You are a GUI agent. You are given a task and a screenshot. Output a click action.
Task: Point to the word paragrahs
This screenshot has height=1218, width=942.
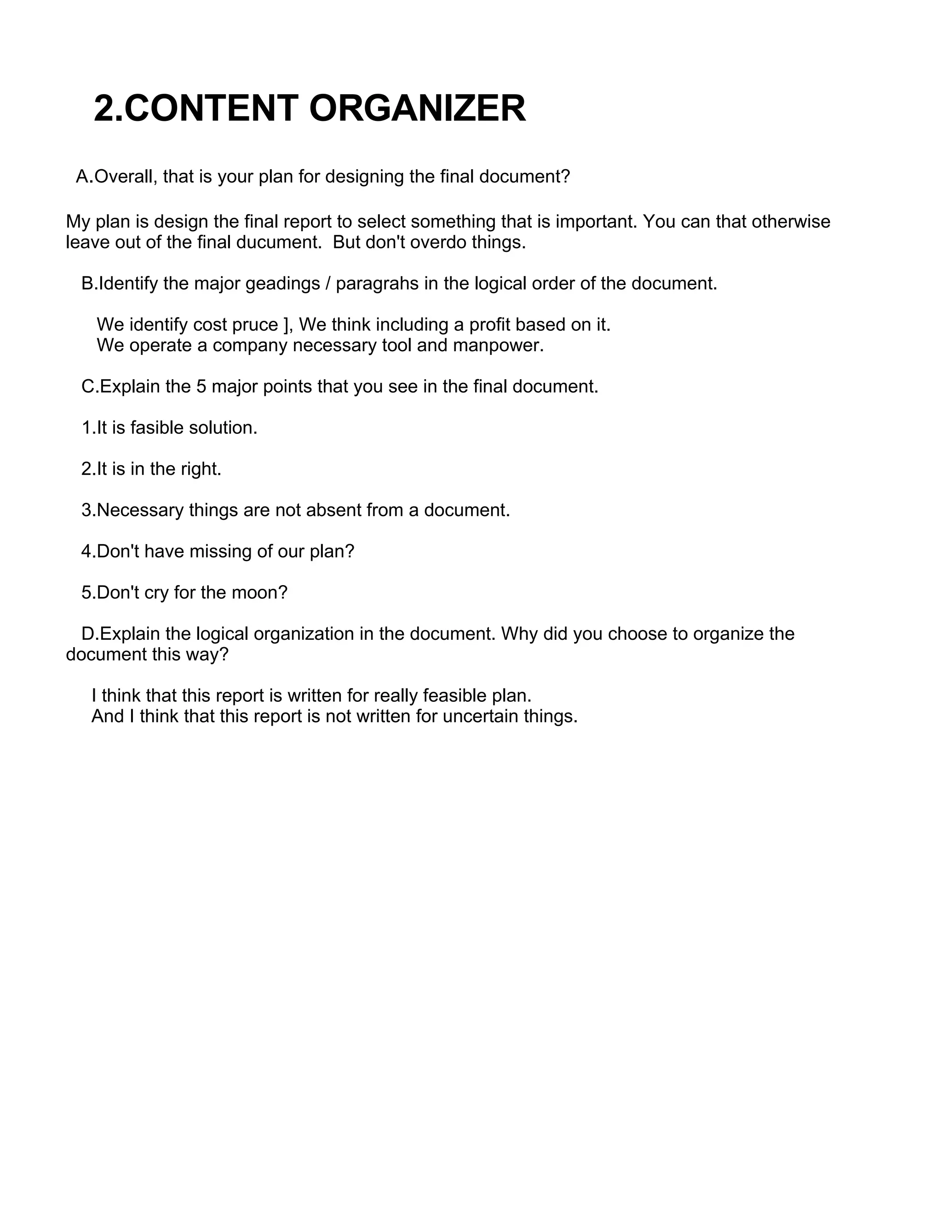pos(377,284)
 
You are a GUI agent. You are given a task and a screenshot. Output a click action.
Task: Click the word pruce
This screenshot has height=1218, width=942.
pos(251,324)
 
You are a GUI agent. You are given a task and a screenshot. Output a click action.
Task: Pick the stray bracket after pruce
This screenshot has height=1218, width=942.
pos(286,325)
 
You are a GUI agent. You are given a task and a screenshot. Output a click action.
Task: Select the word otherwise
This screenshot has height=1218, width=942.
pos(791,222)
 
